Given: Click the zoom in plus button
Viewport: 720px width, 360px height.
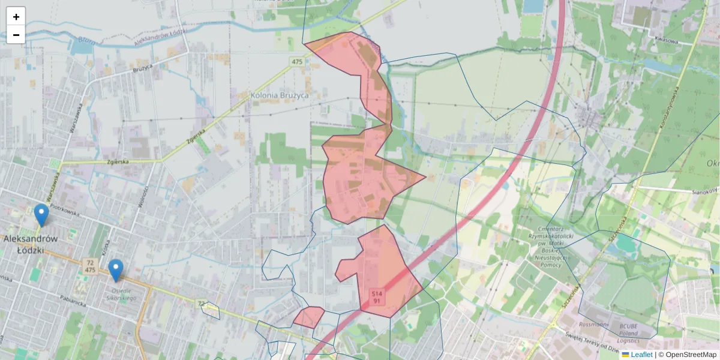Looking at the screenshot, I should [16, 17].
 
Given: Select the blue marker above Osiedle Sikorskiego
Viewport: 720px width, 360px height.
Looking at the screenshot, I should [116, 270].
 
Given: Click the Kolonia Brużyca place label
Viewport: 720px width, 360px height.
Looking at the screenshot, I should [280, 95].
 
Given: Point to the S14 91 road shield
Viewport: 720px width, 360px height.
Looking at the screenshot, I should [376, 296].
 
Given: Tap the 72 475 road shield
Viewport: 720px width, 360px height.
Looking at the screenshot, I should [90, 266].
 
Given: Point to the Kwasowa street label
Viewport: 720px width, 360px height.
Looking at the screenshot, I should [667, 41].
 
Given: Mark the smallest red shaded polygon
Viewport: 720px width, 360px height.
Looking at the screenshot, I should [309, 316].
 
